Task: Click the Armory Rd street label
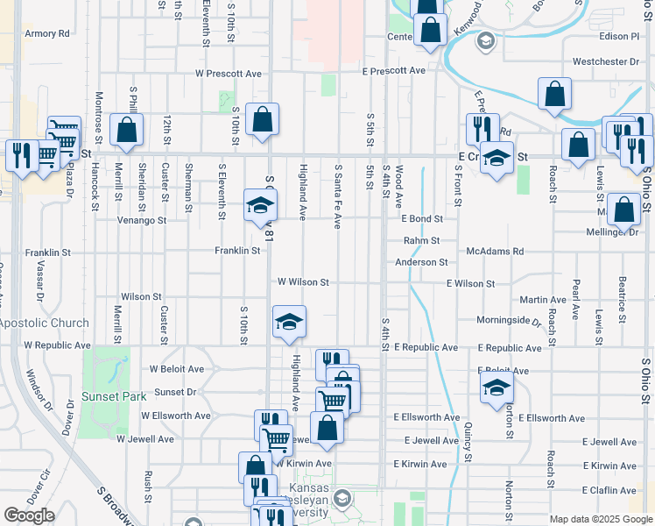pos(47,34)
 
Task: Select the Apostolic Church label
pos(44,323)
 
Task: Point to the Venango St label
pos(143,220)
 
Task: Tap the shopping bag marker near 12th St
pos(127,130)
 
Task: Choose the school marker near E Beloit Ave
pos(497,387)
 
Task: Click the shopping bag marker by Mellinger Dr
pos(623,210)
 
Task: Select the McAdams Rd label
pos(495,252)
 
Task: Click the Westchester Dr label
pos(605,62)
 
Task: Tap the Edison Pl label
pos(620,37)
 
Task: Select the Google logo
pos(29,515)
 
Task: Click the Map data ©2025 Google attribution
pos(601,519)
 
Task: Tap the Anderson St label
pos(421,262)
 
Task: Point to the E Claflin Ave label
pos(609,490)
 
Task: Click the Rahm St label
pos(421,240)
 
